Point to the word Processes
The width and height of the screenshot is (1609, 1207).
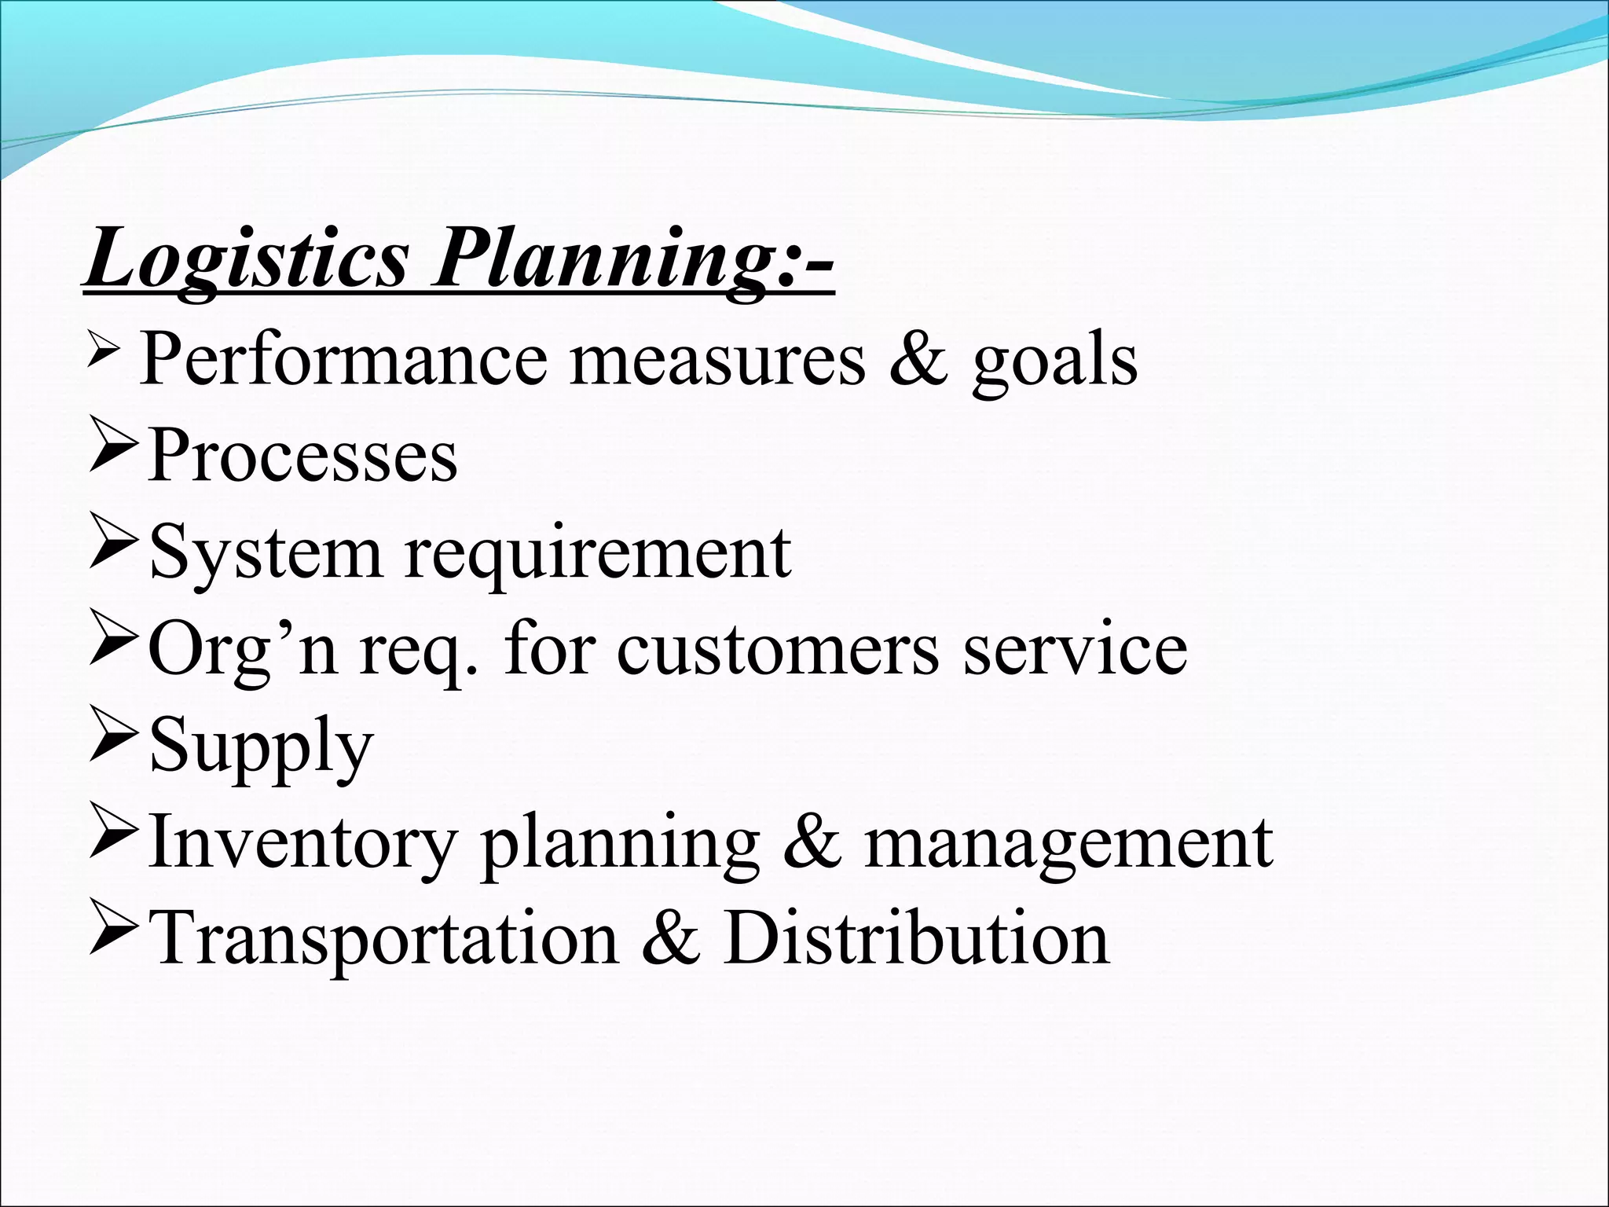[302, 456]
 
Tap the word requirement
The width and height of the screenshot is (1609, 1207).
[597, 555]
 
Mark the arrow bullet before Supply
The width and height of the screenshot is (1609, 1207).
[115, 743]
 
